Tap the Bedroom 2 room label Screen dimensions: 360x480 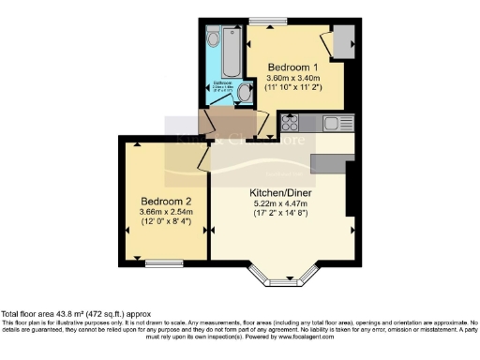click(166, 202)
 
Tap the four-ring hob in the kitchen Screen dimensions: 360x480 click(291, 124)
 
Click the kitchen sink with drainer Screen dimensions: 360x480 click(336, 124)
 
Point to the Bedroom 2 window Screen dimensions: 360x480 click(163, 263)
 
